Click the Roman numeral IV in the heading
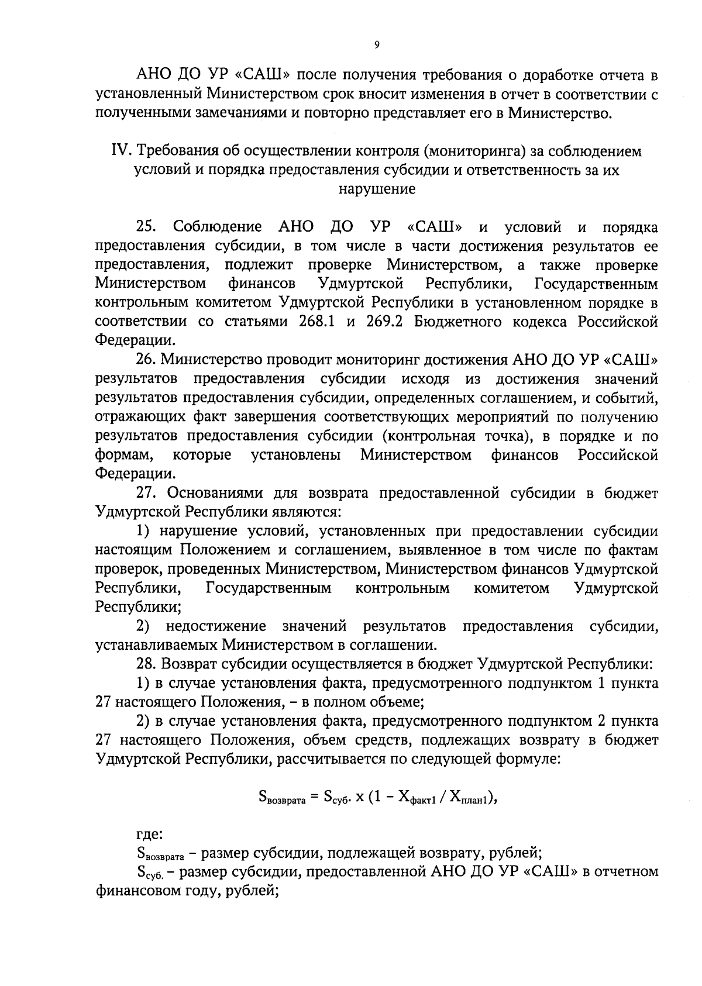click(121, 151)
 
